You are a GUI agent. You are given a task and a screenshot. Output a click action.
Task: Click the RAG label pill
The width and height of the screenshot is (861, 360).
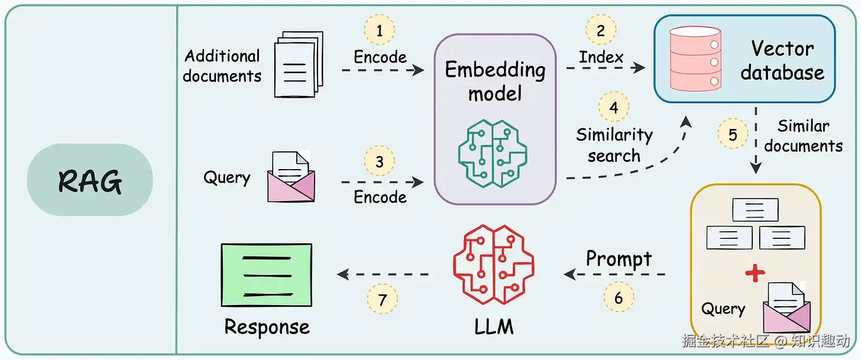pyautogui.click(x=90, y=180)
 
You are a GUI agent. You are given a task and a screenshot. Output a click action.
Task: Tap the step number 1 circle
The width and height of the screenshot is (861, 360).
pyautogui.click(x=380, y=30)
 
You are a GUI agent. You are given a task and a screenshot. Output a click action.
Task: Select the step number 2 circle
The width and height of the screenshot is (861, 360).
pyautogui.click(x=601, y=30)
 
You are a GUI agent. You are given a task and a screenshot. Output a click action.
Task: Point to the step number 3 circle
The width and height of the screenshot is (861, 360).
pyautogui.click(x=380, y=161)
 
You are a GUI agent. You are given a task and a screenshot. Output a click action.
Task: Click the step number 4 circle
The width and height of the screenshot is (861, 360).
pyautogui.click(x=614, y=107)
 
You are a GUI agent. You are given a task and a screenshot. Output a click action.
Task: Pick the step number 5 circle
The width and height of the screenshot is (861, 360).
pyautogui.click(x=733, y=134)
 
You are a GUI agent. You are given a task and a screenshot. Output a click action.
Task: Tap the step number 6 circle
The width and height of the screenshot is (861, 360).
pyautogui.click(x=619, y=297)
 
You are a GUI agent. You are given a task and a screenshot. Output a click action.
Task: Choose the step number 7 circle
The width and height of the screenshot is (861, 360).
pyautogui.click(x=382, y=299)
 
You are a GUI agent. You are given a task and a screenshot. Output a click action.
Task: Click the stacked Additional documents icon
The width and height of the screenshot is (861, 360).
pyautogui.click(x=299, y=64)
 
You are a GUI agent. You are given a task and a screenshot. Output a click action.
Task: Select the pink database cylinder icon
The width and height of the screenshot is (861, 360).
pyautogui.click(x=695, y=59)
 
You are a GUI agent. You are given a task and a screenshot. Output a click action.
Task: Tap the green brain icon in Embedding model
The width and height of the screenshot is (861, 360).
pyautogui.click(x=493, y=154)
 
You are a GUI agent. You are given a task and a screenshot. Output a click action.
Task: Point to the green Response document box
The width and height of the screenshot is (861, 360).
pyautogui.click(x=266, y=275)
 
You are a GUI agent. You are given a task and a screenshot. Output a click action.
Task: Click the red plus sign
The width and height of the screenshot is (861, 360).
pyautogui.click(x=755, y=273)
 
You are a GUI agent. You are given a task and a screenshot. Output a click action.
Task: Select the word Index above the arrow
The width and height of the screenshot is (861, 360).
pyautogui.click(x=601, y=57)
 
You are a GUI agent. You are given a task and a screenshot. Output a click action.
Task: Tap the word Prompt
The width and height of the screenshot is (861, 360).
pyautogui.click(x=619, y=258)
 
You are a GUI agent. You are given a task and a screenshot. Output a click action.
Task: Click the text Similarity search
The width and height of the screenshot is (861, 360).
pyautogui.click(x=614, y=145)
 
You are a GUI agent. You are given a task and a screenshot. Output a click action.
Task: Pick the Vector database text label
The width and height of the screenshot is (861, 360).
pyautogui.click(x=782, y=60)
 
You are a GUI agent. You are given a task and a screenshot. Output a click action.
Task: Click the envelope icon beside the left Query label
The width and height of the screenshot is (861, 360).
pyautogui.click(x=291, y=176)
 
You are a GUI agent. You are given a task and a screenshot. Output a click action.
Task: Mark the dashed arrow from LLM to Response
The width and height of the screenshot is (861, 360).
pyautogui.click(x=383, y=274)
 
